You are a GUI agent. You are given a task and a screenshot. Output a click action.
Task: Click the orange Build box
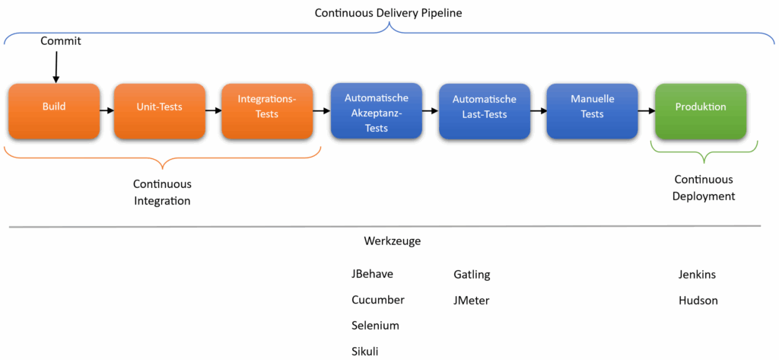(x=54, y=111)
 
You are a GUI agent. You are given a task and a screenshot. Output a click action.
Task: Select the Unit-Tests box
(x=160, y=111)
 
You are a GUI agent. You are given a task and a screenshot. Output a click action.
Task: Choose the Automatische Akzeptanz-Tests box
(x=377, y=110)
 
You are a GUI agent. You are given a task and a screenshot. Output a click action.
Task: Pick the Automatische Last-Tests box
(x=485, y=110)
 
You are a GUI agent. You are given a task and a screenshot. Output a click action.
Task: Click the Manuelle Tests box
(x=592, y=110)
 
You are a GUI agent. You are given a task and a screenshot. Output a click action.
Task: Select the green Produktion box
(x=701, y=111)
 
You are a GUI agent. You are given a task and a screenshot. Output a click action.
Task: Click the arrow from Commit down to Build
(x=56, y=66)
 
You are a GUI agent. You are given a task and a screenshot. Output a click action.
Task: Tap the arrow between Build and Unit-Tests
(x=107, y=111)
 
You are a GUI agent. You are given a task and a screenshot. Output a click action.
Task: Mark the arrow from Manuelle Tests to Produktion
(x=646, y=111)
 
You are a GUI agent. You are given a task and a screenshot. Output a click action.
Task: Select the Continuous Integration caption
(x=162, y=193)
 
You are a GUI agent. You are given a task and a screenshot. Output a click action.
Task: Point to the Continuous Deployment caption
(x=704, y=187)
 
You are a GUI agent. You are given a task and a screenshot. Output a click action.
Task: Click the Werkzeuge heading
(x=393, y=241)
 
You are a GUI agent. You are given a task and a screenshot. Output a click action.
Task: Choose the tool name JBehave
(x=373, y=274)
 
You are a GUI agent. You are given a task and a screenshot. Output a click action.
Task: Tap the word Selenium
(x=375, y=325)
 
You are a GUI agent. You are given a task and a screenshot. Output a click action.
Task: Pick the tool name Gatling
(x=472, y=274)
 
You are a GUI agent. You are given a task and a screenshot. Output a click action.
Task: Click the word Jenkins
(x=697, y=274)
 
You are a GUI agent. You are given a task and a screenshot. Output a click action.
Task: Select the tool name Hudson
(x=698, y=300)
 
